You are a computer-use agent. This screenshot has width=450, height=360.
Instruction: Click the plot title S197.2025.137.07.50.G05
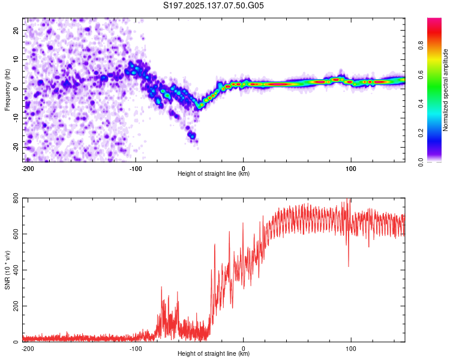click(x=213, y=5)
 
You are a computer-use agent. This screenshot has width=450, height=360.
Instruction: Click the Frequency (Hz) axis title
click(x=7, y=90)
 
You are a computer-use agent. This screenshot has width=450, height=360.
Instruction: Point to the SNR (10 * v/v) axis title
click(x=7, y=270)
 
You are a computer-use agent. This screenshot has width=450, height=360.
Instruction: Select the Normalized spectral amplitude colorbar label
click(x=445, y=90)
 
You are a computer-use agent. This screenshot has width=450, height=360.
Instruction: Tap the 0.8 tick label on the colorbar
click(x=421, y=46)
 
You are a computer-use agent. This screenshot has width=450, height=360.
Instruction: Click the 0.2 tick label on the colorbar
click(x=421, y=133)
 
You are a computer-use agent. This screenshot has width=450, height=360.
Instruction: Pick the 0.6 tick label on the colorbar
click(x=421, y=74)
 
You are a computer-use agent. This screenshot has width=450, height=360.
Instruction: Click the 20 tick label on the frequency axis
click(x=16, y=30)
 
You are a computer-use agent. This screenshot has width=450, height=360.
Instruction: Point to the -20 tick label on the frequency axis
click(x=16, y=148)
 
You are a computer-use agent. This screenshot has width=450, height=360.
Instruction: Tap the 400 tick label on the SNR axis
click(x=16, y=270)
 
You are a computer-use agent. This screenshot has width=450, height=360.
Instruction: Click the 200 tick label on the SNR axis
click(x=16, y=306)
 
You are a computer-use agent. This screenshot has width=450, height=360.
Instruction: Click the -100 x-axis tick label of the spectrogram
click(x=136, y=169)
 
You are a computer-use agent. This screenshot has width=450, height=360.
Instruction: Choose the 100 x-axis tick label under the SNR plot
click(x=351, y=349)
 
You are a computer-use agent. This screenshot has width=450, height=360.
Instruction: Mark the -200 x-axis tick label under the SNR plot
click(x=28, y=349)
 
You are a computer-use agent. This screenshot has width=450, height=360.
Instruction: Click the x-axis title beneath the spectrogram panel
click(x=214, y=173)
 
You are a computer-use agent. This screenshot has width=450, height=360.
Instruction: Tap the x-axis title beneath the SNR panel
click(x=214, y=353)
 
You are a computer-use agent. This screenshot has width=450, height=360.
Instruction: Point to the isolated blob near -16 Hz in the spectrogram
click(x=192, y=135)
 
